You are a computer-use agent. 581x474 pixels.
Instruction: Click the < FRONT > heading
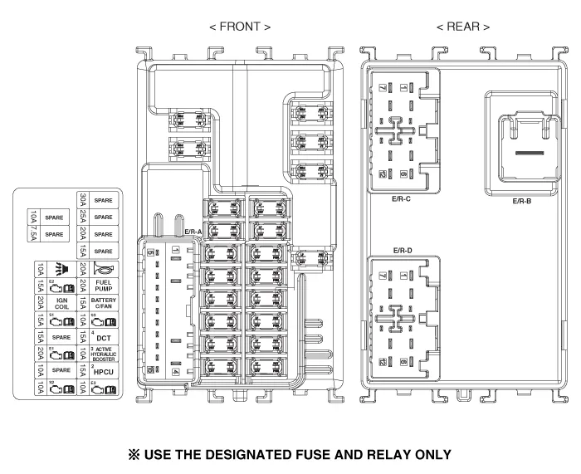pyautogui.click(x=240, y=27)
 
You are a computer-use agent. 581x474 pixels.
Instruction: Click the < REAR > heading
pyautogui.click(x=462, y=27)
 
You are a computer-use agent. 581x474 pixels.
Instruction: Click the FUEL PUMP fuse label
pyautogui.click(x=105, y=285)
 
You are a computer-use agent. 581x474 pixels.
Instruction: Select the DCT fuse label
pyautogui.click(x=105, y=339)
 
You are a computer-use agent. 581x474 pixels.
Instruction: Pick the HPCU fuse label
pyautogui.click(x=105, y=372)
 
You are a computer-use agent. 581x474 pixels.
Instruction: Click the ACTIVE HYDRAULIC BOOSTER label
pyautogui.click(x=105, y=354)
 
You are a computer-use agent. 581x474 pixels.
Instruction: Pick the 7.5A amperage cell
pyautogui.click(x=39, y=235)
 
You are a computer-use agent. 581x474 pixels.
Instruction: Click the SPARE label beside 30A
pyautogui.click(x=104, y=200)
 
